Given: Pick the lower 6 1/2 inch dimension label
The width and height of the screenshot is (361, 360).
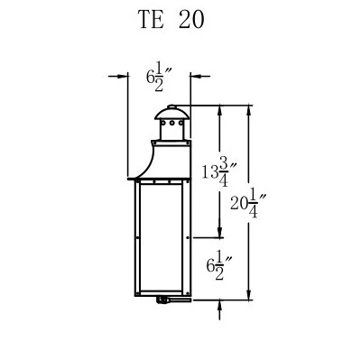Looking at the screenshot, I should pos(220,269).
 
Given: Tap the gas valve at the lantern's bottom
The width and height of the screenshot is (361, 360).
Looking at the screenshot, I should pos(165,300).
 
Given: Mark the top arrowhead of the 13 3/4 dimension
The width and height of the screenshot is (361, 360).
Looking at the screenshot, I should pos(220,109).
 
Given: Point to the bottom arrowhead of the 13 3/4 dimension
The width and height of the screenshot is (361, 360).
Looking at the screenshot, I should pos(220,234).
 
